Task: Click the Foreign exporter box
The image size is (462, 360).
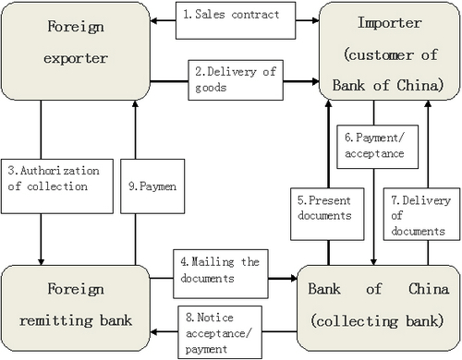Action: point(76,51)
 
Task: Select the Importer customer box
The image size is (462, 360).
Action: point(390,51)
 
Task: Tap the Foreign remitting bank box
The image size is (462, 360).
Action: point(76,308)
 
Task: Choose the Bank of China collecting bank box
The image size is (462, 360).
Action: point(379,308)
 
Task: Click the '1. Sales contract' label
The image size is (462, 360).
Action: point(236,20)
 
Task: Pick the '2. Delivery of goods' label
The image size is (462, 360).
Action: point(236,80)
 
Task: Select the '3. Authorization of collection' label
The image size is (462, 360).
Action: point(57,186)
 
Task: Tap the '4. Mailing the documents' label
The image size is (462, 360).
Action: point(221,274)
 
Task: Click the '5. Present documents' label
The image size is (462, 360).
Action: point(327,214)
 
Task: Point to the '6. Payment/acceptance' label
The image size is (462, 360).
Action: point(377,147)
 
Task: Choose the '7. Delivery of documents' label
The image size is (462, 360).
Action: point(421,214)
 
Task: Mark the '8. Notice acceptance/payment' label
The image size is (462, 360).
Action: point(220,332)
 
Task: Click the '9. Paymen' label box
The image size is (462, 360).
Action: point(152,186)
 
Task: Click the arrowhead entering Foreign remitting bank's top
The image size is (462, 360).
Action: point(41,261)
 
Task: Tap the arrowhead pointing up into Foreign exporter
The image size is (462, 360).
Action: point(135,103)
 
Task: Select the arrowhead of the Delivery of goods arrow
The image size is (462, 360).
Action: point(315,81)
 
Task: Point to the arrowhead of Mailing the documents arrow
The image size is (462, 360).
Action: point(293,279)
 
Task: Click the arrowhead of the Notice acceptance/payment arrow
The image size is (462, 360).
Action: point(154,331)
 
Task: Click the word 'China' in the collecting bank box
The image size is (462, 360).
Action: point(429,289)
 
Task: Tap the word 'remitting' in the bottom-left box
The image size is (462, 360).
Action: point(55,321)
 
